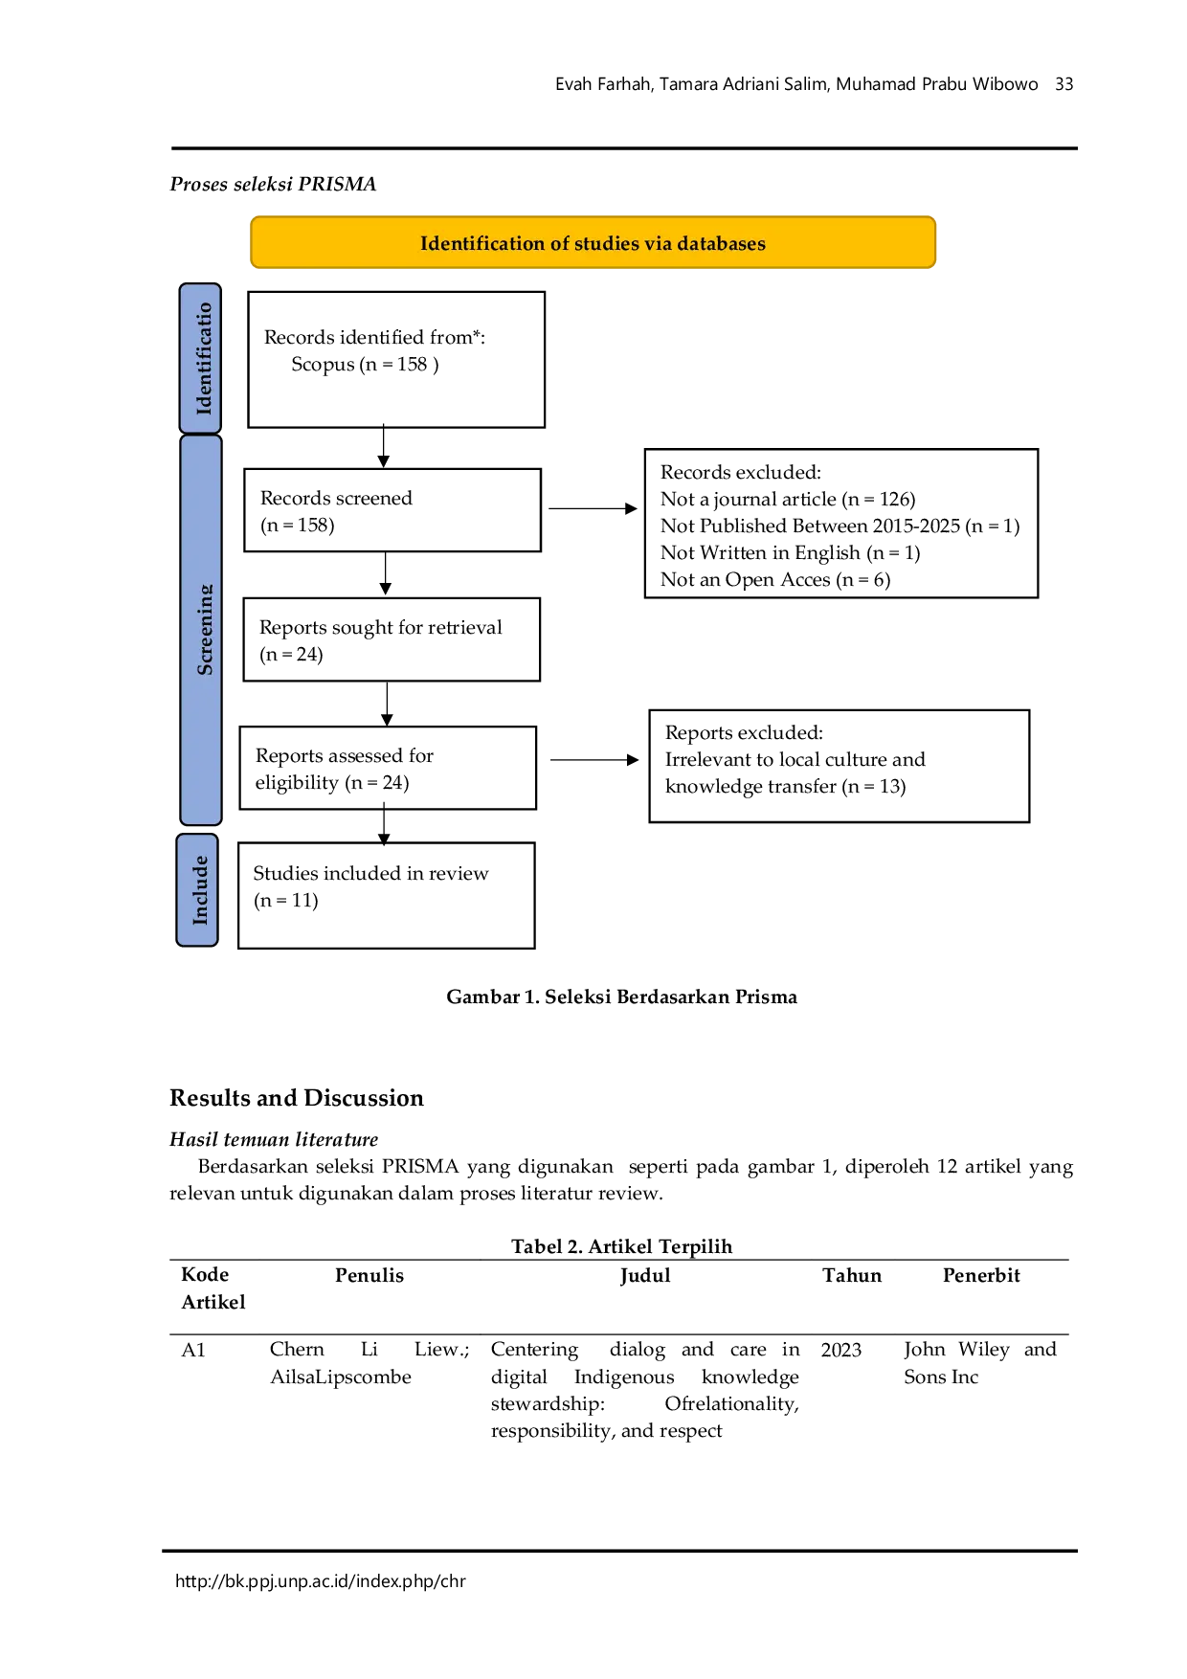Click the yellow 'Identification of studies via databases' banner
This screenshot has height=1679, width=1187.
[x=593, y=242]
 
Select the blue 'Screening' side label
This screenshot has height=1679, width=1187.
[x=201, y=630]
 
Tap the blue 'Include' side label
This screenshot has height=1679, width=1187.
[x=197, y=890]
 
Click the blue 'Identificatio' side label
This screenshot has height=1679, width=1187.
[x=200, y=359]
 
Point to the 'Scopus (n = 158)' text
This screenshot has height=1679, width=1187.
[x=365, y=365]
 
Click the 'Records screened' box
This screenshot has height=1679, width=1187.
[x=392, y=510]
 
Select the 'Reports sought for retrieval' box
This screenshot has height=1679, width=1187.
[x=392, y=639]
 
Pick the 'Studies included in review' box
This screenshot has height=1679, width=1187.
[x=387, y=896]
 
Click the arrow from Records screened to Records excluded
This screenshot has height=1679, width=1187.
[x=593, y=508]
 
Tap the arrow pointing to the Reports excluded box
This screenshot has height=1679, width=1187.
[x=594, y=760]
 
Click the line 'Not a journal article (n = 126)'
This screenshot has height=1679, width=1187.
[x=788, y=499]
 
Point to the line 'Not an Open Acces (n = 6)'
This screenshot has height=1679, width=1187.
[x=775, y=579]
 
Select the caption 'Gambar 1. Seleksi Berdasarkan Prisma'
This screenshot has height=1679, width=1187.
[x=622, y=996]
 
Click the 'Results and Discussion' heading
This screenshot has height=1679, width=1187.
[x=297, y=1098]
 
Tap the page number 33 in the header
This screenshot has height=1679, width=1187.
[x=1064, y=84]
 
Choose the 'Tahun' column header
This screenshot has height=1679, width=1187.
[x=852, y=1275]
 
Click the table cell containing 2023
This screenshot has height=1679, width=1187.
[x=841, y=1350]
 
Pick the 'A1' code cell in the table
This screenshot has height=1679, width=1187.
[x=193, y=1350]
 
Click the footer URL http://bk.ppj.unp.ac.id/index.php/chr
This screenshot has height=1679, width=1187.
[x=321, y=1581]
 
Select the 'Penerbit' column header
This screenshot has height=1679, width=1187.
[x=981, y=1275]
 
